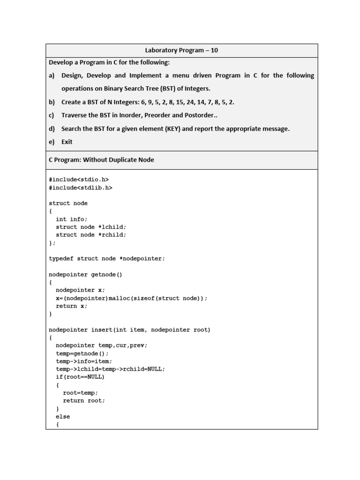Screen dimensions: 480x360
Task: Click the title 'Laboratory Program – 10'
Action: (x=181, y=51)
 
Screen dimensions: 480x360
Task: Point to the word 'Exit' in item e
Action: (x=67, y=142)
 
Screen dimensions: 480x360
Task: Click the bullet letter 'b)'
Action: (x=52, y=102)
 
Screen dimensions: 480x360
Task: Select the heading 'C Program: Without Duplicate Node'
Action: (x=102, y=160)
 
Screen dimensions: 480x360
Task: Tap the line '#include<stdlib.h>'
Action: (x=81, y=187)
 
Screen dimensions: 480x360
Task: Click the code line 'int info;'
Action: (x=72, y=219)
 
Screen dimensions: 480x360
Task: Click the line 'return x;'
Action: (x=72, y=306)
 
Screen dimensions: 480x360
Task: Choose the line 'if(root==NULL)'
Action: (x=80, y=377)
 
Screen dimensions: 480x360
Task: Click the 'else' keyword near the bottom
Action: (x=63, y=416)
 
